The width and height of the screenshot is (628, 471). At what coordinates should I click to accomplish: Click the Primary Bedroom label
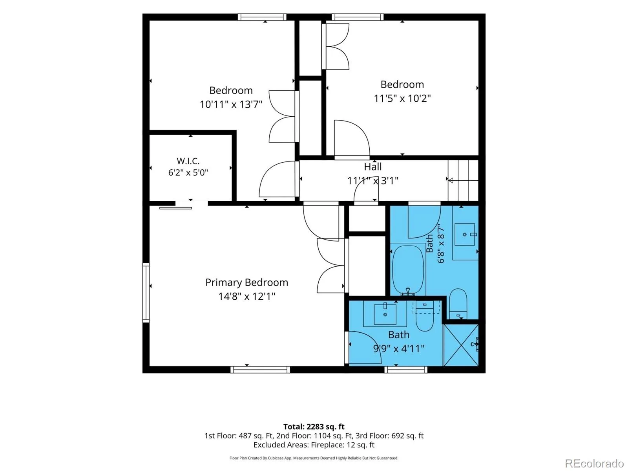pos(246,282)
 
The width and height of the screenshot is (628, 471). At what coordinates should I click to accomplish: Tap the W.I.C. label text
pos(188,161)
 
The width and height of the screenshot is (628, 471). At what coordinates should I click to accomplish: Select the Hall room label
pos(372,166)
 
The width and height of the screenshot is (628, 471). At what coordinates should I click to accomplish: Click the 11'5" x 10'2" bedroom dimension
pos(402,98)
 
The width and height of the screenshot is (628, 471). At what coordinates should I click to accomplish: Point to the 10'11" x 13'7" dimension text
pos(231,104)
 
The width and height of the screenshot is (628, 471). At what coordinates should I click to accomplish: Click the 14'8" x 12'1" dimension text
pos(246,296)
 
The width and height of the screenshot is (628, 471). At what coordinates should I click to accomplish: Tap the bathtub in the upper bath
pos(407,270)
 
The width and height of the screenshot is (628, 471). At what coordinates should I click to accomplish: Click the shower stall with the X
pos(461,345)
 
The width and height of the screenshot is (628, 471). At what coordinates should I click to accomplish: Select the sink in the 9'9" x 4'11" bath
pos(385,314)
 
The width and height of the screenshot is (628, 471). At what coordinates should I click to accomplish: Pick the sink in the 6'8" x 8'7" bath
pos(465,235)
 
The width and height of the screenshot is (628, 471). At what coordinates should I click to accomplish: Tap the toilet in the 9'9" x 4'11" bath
pos(425,317)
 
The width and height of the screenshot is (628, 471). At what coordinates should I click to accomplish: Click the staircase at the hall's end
pos(463,180)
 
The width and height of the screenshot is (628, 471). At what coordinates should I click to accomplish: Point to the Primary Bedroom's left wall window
pos(146,292)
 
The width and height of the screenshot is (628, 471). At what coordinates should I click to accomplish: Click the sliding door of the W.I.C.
pos(176,208)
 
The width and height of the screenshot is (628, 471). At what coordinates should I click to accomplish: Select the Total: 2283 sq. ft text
pos(314,427)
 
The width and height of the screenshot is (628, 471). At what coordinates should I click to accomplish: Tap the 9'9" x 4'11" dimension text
pos(398,348)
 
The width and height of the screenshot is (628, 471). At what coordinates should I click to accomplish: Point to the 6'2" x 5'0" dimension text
pos(188,173)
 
